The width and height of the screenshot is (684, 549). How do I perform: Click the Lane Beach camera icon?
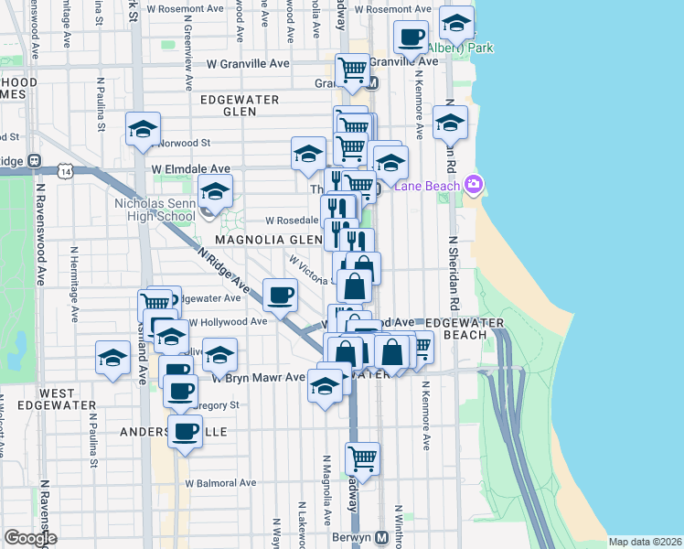tap(474, 185)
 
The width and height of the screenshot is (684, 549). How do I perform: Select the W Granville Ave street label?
tap(248, 64)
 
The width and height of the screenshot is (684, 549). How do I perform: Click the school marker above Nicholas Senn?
tap(216, 191)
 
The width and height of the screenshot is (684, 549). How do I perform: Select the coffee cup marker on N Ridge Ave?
tap(280, 294)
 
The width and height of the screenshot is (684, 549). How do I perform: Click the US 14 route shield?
tap(63, 170)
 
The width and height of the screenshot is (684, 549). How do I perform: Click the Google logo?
tap(30, 537)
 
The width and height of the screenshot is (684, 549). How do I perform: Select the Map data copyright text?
tap(645, 542)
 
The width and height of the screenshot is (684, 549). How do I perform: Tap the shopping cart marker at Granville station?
tap(352, 69)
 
